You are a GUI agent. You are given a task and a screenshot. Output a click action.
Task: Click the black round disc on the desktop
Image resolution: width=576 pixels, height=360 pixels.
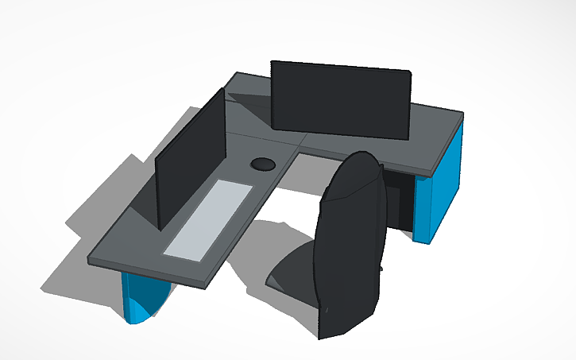click(x=263, y=165)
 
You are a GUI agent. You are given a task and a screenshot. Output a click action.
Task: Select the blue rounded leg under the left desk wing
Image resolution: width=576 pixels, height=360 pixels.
click(x=143, y=298)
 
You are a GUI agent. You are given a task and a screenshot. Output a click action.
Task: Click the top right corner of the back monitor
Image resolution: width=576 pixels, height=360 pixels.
click(x=411, y=72)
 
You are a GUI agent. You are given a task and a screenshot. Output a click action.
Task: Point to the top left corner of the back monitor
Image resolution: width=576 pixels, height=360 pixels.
click(x=272, y=61)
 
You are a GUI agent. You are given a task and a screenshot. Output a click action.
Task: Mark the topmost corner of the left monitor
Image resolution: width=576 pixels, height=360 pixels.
click(x=222, y=88)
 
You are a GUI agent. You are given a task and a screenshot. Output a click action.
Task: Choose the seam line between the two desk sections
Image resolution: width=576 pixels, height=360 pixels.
click(x=262, y=137)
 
